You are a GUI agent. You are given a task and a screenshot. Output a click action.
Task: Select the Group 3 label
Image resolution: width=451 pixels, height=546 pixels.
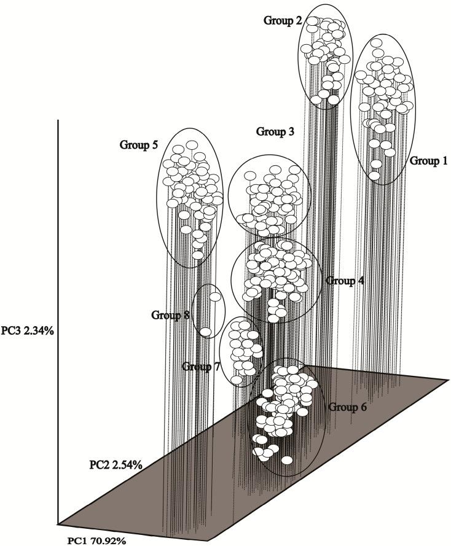click(275, 131)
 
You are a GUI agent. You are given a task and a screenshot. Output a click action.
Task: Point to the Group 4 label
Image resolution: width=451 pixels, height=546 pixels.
click(345, 281)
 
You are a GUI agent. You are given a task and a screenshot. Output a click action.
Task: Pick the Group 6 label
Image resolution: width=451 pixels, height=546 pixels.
click(348, 407)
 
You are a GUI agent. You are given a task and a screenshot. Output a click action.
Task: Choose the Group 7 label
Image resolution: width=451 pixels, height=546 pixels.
click(201, 367)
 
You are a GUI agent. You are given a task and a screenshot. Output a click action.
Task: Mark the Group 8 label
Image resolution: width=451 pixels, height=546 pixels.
click(171, 315)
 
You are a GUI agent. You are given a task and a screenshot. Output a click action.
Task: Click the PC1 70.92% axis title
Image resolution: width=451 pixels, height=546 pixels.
click(96, 540)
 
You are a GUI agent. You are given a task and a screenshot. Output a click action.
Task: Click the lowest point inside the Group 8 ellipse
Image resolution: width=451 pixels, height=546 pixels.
click(206, 332)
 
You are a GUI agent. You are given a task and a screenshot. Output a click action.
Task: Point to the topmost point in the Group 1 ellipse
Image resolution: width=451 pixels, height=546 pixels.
click(378, 43)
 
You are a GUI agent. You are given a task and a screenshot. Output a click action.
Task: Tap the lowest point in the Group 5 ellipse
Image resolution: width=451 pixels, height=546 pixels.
click(198, 254)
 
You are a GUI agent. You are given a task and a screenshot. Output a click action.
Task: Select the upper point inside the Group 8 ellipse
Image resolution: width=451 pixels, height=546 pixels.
click(215, 297)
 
